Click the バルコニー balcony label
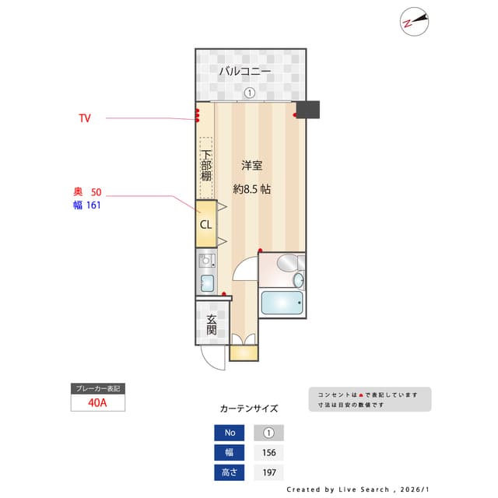click(244, 72)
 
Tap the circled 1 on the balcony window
click(249, 93)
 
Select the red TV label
click(85, 118)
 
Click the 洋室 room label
click(251, 165)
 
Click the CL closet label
click(205, 224)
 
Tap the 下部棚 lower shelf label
click(205, 166)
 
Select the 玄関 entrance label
click(212, 325)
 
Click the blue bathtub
click(281, 302)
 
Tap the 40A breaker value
click(98, 403)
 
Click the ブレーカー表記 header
click(98, 388)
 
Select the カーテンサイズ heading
click(248, 409)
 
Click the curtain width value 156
click(269, 452)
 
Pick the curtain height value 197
click(269, 472)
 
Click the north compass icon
click(415, 21)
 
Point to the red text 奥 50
click(87, 192)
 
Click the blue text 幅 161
click(87, 205)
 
